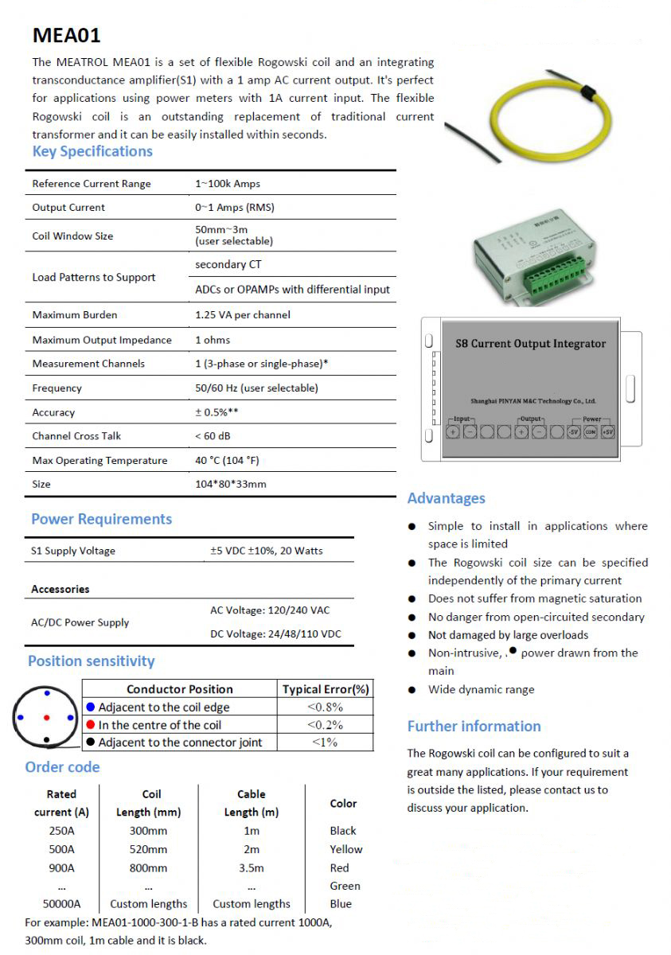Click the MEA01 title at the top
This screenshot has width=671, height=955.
tap(66, 36)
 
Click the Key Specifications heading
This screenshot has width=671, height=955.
tap(92, 151)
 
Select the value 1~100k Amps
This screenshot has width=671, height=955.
tap(228, 184)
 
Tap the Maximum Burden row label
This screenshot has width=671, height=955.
tap(75, 315)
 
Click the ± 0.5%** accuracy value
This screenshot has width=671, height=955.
tap(217, 412)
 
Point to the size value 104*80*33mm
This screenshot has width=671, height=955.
tap(231, 484)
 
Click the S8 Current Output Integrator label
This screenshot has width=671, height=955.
tap(530, 344)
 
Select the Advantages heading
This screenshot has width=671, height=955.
tap(446, 498)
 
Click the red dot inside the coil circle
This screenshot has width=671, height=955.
tap(46, 718)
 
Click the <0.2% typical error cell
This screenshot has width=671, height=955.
tap(325, 725)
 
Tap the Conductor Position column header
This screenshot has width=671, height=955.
tap(180, 689)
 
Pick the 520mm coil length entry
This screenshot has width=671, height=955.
tap(148, 849)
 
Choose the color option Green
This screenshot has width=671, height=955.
tap(345, 886)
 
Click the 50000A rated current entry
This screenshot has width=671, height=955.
tap(61, 904)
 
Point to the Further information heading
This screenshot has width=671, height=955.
tap(474, 726)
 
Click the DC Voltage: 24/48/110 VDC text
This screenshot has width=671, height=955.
tap(275, 634)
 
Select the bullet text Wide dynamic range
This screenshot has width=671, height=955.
tap(481, 690)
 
